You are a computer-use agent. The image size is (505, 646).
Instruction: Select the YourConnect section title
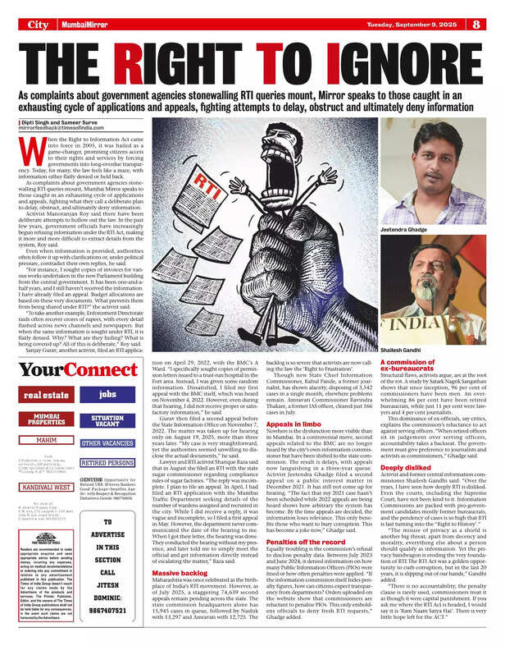pyautogui.click(x=79, y=371)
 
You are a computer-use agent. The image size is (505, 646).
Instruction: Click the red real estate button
pyautogui.click(x=47, y=395)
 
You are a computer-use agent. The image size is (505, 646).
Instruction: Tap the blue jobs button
pyautogui.click(x=107, y=395)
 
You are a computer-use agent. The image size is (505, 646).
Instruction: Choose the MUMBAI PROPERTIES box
pyautogui.click(x=47, y=419)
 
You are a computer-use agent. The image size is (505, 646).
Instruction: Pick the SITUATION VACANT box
pyautogui.click(x=107, y=419)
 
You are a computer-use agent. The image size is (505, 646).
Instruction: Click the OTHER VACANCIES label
pyautogui.click(x=107, y=443)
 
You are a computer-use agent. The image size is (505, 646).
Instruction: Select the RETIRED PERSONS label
pyautogui.click(x=107, y=463)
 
